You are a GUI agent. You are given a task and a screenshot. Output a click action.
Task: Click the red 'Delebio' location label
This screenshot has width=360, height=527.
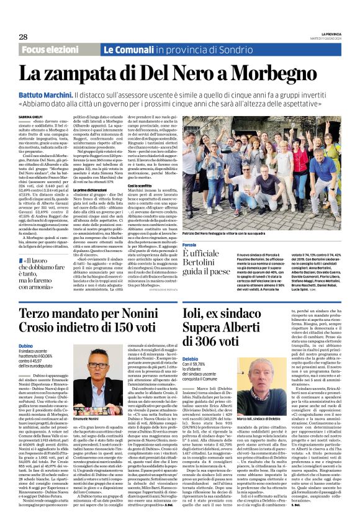(x=189, y=358)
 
